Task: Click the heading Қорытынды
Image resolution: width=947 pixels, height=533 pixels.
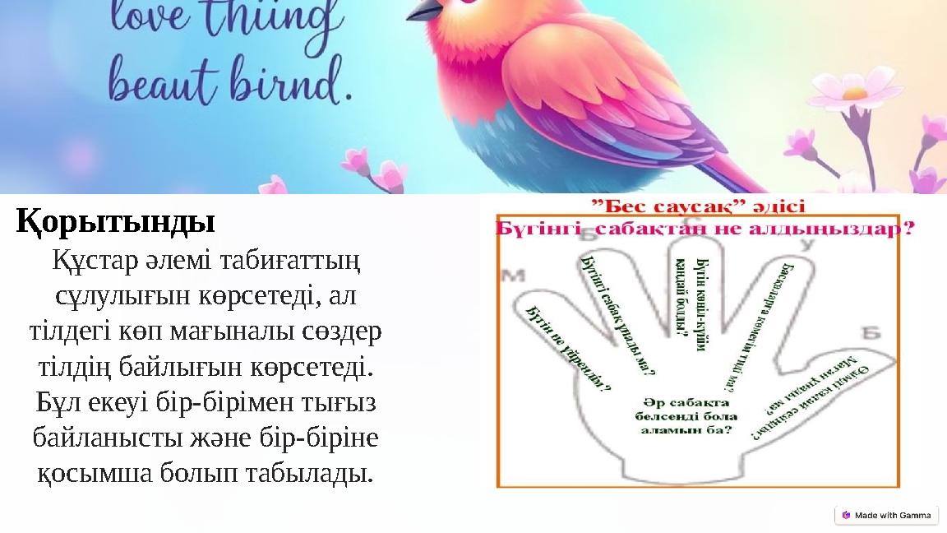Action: pyautogui.click(x=116, y=221)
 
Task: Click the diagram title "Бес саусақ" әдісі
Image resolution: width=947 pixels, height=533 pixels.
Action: pyautogui.click(x=700, y=205)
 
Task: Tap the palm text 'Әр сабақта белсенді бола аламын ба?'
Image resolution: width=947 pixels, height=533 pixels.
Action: pyautogui.click(x=686, y=415)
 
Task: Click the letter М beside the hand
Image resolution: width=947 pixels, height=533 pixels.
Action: pyautogui.click(x=514, y=276)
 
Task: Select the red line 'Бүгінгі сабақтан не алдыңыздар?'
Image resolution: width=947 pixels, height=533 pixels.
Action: pyautogui.click(x=704, y=229)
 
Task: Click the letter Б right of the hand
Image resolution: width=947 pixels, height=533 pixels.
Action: pyautogui.click(x=871, y=332)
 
